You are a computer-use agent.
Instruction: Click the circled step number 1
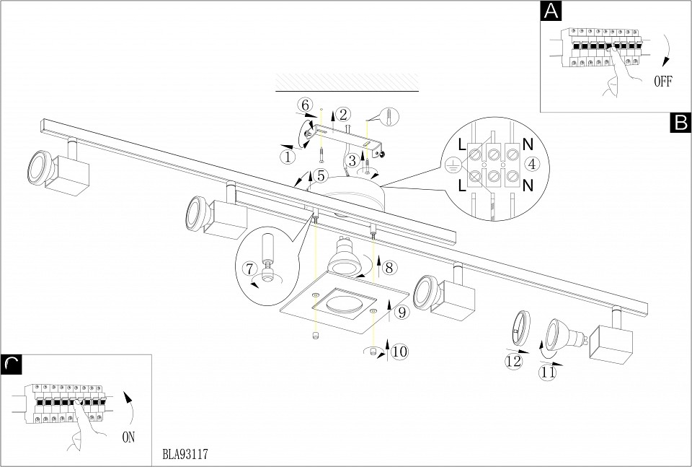[288, 155]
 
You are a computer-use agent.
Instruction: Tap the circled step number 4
[531, 164]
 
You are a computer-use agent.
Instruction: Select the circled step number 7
[251, 269]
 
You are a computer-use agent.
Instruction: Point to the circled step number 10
[399, 352]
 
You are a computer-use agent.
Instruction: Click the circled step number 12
[513, 362]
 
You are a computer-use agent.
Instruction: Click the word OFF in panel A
[662, 81]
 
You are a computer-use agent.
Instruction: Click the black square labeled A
[550, 12]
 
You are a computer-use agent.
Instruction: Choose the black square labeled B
[680, 123]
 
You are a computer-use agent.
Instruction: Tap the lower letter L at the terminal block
[461, 186]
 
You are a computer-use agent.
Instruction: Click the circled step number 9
[402, 312]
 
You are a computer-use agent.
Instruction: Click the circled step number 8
[389, 267]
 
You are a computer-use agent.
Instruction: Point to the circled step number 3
[351, 160]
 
